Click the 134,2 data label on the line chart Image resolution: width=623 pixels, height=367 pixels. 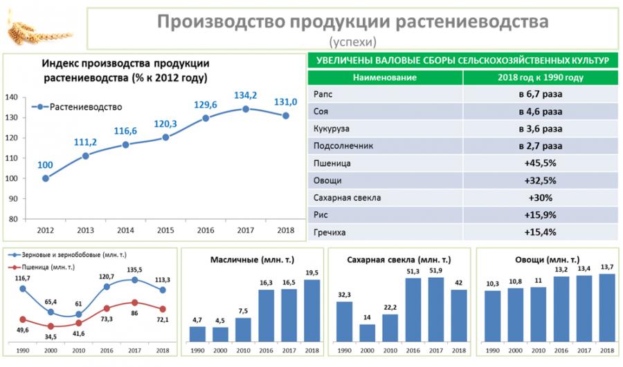246,95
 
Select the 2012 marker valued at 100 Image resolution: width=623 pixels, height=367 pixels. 46,178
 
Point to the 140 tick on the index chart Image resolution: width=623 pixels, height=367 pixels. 12,97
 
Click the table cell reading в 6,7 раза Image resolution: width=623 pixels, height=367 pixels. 540,94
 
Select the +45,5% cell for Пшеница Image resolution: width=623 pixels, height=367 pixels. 540,163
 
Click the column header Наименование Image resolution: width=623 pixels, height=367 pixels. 385,77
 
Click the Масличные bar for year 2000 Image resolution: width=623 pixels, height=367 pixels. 221,334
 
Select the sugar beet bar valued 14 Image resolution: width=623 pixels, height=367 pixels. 367,332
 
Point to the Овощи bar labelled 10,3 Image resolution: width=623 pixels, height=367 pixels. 492,316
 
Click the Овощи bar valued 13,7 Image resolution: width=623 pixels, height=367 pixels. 606,308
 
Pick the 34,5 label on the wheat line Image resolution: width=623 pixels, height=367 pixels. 51,337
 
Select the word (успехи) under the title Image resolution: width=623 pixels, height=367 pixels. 353,41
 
